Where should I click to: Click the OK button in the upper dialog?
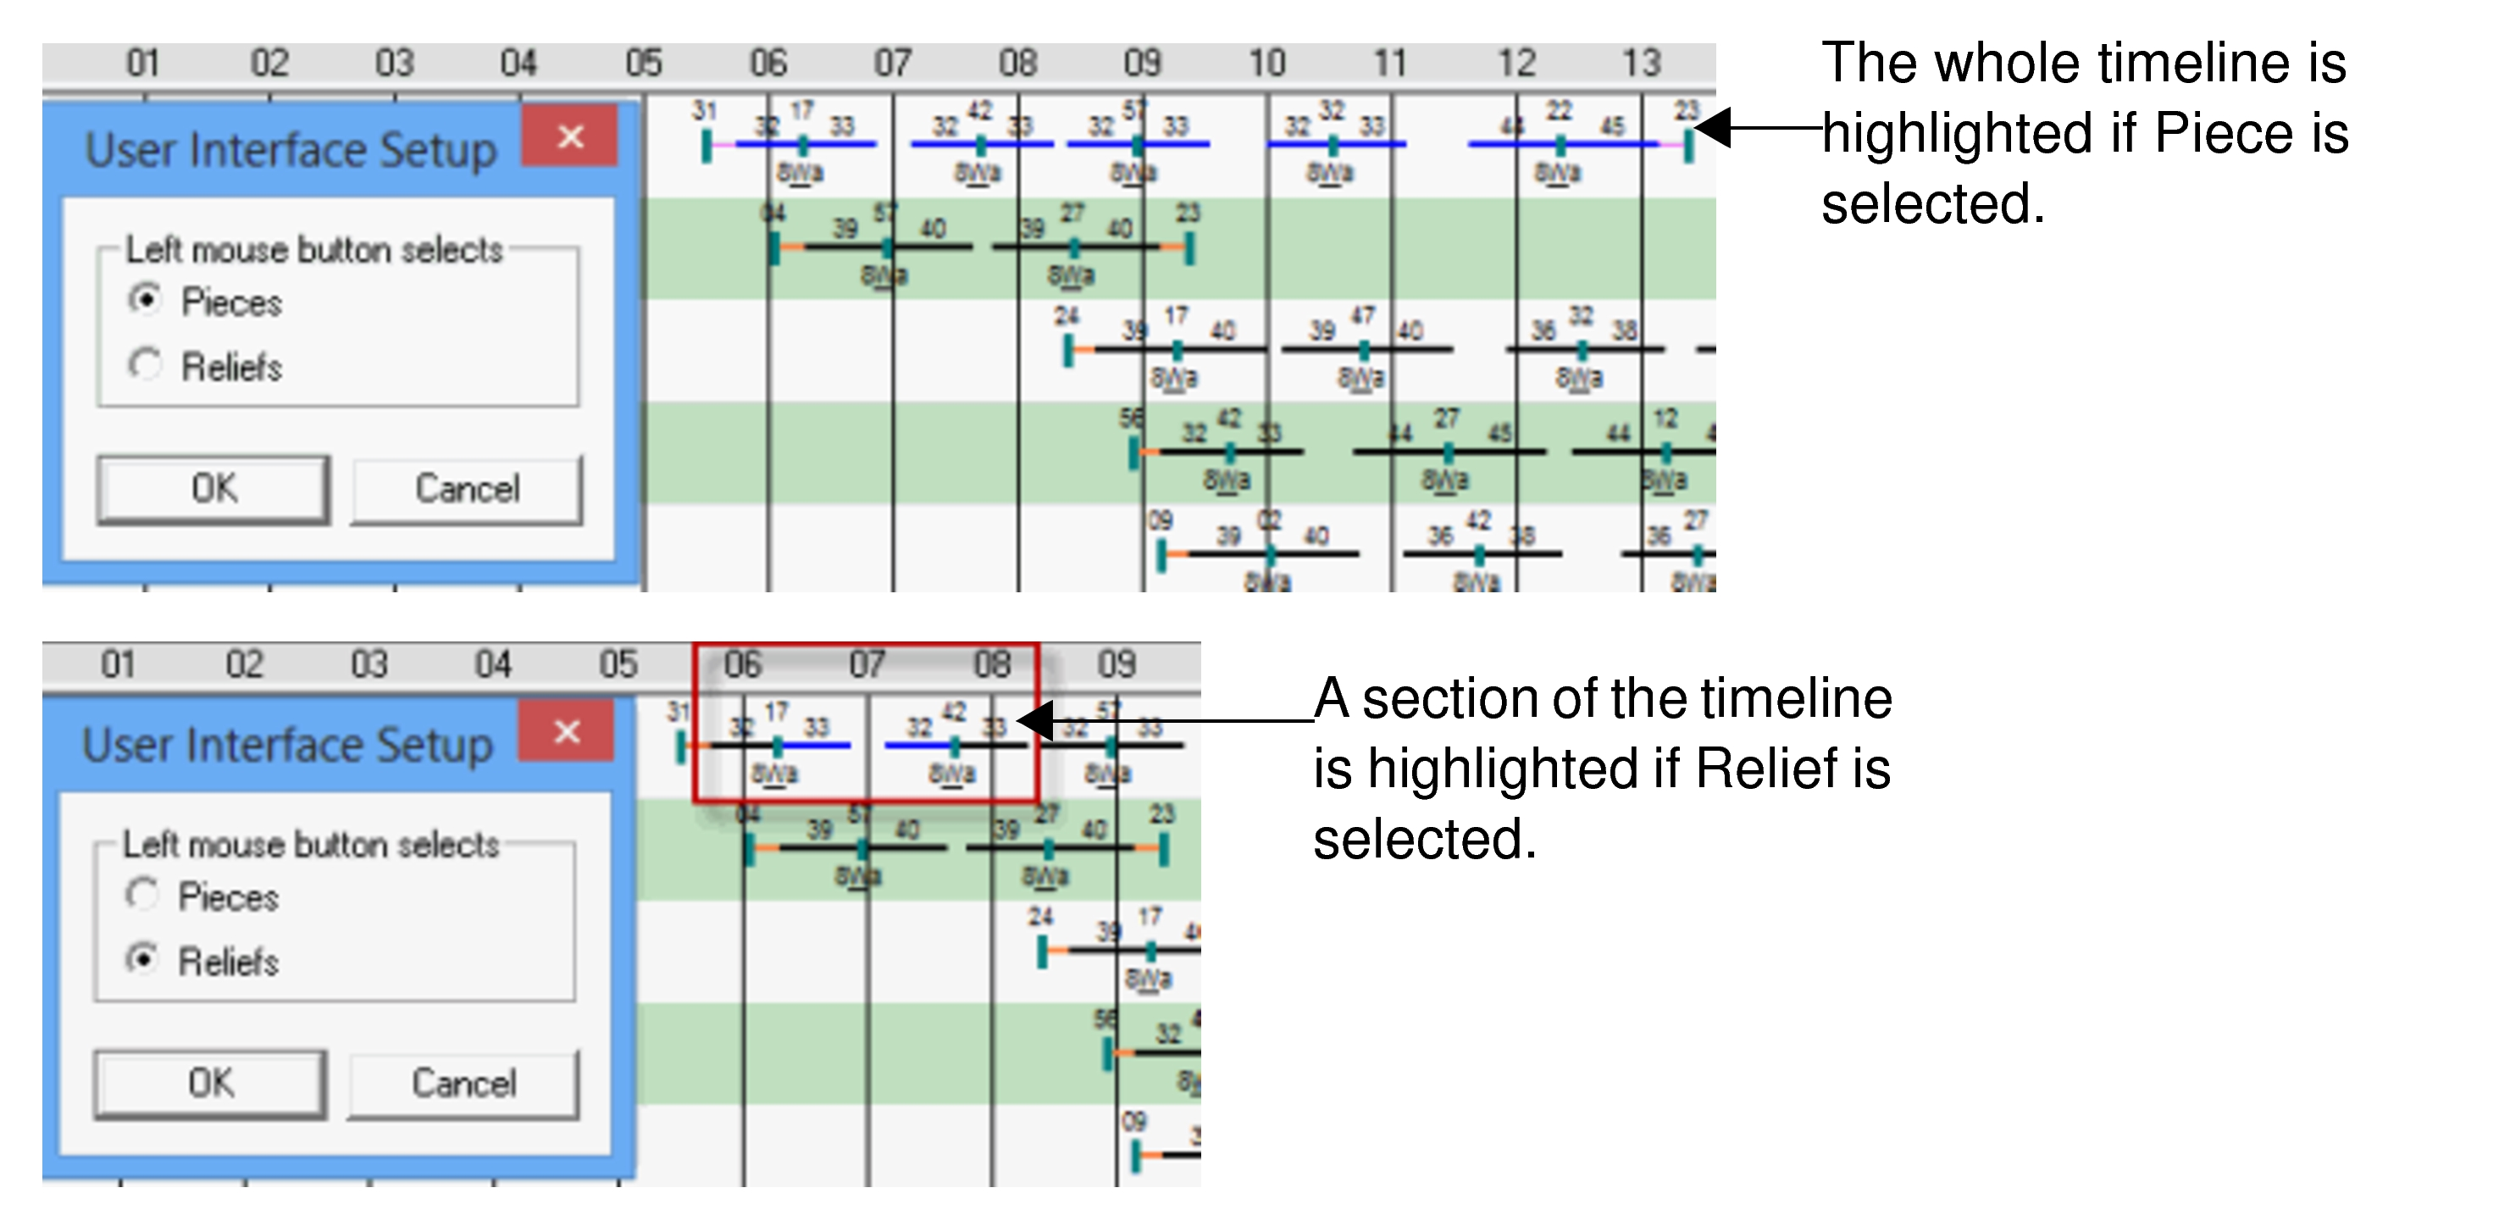[213, 489]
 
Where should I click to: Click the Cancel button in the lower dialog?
[463, 1084]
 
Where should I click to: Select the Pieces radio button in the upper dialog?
[146, 300]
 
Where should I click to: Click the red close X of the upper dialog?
[570, 136]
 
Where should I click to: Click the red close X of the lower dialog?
[567, 730]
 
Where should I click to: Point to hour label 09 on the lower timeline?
[1116, 664]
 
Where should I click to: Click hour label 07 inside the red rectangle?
[867, 664]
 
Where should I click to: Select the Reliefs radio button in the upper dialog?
[146, 365]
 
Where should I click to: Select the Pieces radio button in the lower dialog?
[142, 894]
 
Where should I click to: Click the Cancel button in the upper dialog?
[467, 489]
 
